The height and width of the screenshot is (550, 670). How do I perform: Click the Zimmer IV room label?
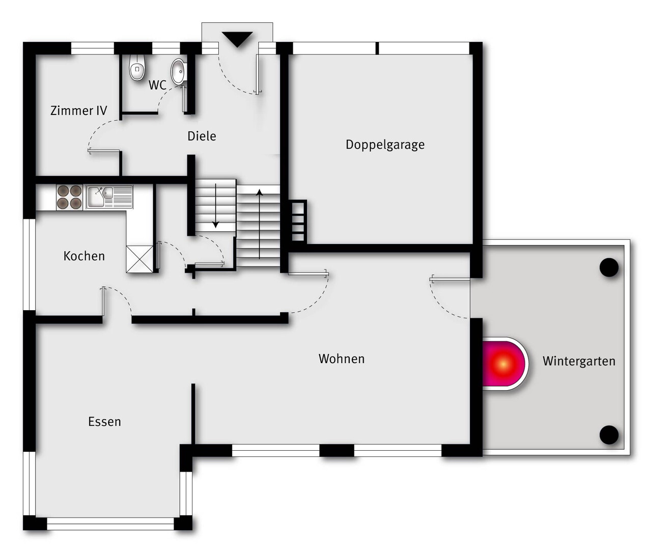78,111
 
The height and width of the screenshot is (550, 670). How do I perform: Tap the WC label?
157,85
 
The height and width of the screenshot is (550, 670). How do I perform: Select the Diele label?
202,136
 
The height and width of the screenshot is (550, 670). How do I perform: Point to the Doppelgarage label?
385,145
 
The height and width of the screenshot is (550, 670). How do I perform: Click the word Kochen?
84,256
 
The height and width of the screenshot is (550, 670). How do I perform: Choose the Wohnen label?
342,359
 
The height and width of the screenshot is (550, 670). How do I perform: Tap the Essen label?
104,422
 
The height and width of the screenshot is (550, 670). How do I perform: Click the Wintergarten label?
579,361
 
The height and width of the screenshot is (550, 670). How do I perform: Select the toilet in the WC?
137,67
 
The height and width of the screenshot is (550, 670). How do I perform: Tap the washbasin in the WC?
179,71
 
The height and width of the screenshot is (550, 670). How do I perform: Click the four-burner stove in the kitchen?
69,197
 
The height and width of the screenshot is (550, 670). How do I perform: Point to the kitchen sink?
109,197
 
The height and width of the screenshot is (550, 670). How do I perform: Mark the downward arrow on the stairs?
216,206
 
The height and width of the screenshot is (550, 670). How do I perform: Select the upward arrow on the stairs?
260,224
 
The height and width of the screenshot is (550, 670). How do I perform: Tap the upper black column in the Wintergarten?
609,267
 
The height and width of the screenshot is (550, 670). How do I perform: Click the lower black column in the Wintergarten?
609,435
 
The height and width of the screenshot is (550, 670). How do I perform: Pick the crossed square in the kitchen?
139,259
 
